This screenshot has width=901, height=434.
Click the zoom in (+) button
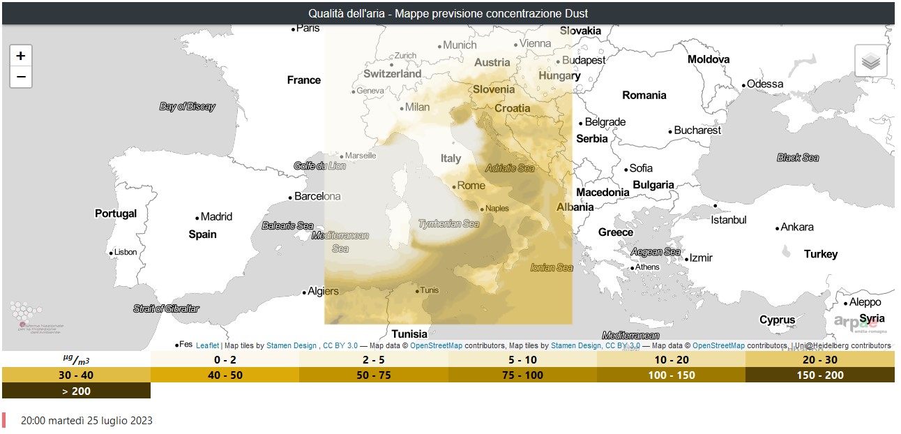coord(21,56)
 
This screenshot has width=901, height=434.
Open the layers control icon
coord(870,61)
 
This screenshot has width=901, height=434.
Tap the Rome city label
coord(471,186)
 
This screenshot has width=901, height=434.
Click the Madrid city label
coord(216,217)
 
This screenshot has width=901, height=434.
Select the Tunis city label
coord(429,290)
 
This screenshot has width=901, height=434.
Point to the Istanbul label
coord(728,220)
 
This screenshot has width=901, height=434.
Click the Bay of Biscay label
coord(187,107)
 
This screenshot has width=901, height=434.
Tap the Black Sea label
coord(798,158)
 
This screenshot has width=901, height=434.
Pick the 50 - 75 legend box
coord(374,375)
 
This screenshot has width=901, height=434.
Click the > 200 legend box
coord(76,391)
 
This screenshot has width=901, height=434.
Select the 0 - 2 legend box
coord(225,360)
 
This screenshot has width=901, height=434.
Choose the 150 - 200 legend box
coord(819,375)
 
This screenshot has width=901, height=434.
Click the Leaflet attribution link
coord(207,345)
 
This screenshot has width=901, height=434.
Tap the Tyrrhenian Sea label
coord(448,224)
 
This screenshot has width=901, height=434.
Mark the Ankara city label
coord(796,227)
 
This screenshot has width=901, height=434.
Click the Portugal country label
coord(116,214)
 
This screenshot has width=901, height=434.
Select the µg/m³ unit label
coord(76,360)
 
